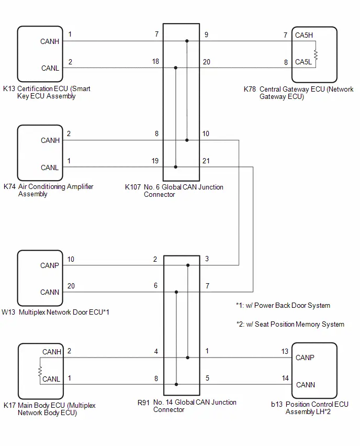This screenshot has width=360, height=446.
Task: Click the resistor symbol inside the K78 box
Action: [316, 54]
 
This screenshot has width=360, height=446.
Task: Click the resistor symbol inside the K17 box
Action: [40, 372]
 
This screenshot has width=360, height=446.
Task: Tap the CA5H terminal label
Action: [304, 35]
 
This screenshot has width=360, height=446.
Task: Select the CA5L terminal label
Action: [303, 62]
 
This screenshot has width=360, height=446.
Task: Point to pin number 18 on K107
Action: [155, 61]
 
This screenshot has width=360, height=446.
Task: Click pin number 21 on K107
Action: [206, 161]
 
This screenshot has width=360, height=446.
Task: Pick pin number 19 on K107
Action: [155, 161]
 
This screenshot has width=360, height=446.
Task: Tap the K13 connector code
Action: [9, 89]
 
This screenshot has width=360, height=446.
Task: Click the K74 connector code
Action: [9, 186]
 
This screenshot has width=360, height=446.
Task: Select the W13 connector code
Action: [8, 312]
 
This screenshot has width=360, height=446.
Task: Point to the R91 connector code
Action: [143, 403]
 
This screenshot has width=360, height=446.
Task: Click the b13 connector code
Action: [277, 404]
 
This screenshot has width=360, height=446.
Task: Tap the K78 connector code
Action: [250, 90]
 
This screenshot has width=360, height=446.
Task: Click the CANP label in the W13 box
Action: [50, 266]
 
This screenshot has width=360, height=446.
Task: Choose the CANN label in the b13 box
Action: [306, 385]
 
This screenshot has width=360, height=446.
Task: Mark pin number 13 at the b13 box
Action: [285, 352]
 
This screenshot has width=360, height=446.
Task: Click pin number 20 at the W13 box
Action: [71, 286]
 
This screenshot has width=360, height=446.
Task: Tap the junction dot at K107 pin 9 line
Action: [187, 41]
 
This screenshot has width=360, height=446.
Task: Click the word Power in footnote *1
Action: [264, 306]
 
